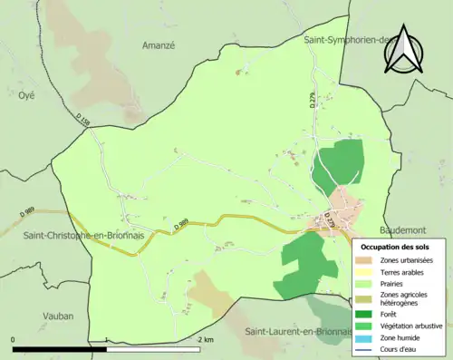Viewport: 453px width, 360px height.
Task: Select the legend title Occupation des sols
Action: coord(397,246)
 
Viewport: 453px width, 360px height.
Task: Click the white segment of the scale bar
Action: coord(152,348)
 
